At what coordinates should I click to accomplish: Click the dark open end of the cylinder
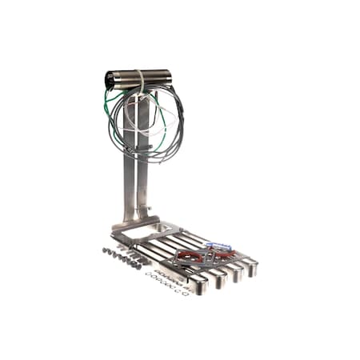[110, 79]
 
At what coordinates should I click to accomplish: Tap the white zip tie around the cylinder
[141, 78]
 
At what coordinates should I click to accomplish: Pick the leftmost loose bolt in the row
[105, 250]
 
